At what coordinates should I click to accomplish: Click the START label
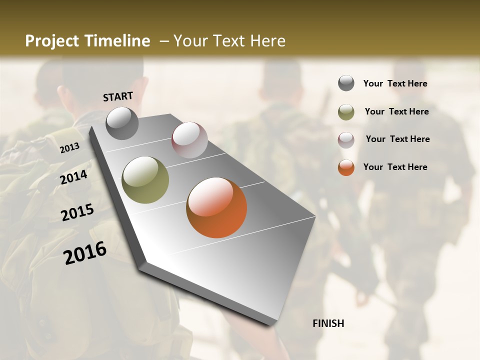point(118,96)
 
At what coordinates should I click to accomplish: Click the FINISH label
point(328,323)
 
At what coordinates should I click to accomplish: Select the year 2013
point(69,147)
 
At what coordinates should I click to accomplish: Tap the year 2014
point(74,177)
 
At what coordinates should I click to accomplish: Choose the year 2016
point(85,253)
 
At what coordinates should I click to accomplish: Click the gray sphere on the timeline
point(122,123)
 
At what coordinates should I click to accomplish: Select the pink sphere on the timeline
point(189,139)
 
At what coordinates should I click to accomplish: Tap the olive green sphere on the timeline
point(145,179)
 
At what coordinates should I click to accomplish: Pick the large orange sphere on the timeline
point(216,207)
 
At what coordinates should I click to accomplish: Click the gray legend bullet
point(346,83)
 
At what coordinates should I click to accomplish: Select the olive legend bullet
point(346,112)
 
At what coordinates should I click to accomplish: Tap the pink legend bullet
point(346,139)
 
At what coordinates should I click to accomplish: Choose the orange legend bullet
point(346,167)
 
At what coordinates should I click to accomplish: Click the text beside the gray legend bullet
point(395,83)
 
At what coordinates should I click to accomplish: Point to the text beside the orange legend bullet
point(395,167)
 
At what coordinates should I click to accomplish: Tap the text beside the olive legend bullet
point(396,111)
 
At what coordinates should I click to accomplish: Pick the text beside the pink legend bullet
point(397,139)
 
